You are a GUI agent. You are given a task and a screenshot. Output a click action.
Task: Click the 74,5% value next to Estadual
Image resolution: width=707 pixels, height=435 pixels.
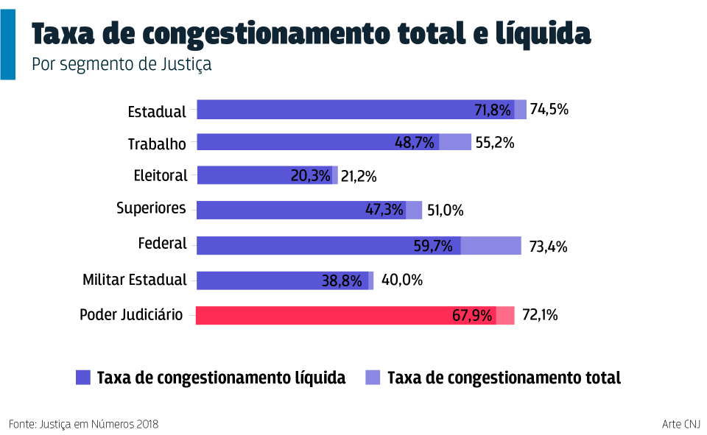tap(549, 110)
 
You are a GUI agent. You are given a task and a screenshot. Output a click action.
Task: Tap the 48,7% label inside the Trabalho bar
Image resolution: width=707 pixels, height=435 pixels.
tap(415, 143)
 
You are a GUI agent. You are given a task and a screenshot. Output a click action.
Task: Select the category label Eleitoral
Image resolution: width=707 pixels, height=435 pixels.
tap(161, 175)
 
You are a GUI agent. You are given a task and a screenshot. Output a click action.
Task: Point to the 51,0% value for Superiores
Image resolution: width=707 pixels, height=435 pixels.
tap(445, 211)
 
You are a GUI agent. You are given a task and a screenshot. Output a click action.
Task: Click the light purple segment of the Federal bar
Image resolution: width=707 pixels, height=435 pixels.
tap(490, 246)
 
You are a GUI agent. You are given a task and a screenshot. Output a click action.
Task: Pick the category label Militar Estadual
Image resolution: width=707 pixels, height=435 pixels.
tap(135, 280)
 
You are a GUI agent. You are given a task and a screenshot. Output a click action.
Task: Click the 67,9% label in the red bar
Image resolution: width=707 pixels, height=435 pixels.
tap(472, 316)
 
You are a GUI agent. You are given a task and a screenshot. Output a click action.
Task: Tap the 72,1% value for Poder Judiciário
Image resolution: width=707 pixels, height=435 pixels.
tap(540, 315)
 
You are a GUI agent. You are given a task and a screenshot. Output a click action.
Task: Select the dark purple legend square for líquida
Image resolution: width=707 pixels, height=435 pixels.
tap(83, 378)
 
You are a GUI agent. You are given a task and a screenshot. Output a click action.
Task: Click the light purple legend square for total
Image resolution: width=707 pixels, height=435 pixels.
tap(373, 378)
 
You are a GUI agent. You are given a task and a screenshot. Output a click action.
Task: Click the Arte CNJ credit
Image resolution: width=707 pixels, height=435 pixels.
tap(680, 424)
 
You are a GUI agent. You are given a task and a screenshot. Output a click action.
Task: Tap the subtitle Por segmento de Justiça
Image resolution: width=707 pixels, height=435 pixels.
tap(122, 64)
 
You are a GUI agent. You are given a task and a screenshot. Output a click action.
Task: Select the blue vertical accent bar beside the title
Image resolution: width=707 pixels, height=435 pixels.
tap(7, 44)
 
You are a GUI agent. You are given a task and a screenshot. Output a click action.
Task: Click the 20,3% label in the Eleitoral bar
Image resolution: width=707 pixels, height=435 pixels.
tap(310, 176)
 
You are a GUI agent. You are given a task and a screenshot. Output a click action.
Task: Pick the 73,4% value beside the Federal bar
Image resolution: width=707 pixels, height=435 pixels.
tap(548, 247)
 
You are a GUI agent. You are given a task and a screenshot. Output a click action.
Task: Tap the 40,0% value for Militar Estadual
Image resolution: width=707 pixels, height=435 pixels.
tap(402, 280)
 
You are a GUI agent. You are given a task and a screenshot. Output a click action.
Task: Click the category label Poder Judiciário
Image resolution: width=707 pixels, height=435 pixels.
tap(131, 315)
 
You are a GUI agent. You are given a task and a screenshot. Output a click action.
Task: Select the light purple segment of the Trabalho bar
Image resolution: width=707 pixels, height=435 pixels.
tap(455, 142)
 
